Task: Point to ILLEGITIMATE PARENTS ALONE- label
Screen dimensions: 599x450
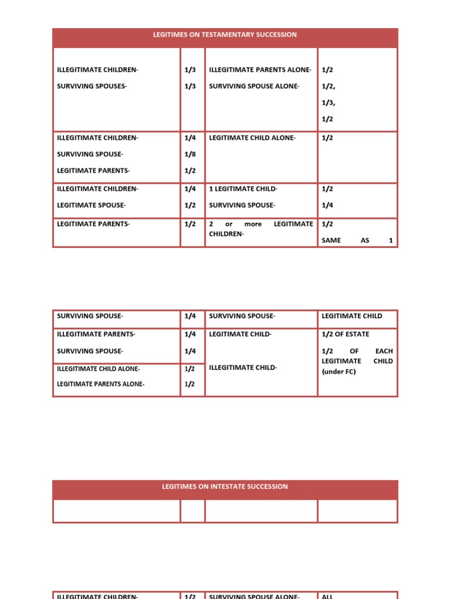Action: tap(260, 70)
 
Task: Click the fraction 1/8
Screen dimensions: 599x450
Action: tap(190, 154)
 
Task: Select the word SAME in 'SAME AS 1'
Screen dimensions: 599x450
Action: tap(331, 240)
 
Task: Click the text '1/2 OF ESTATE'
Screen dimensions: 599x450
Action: tap(345, 335)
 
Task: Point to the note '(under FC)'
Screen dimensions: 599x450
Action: tap(339, 371)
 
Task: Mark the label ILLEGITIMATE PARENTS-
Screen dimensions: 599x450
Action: tap(96, 335)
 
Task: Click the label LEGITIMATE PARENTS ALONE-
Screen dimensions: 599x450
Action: tap(100, 384)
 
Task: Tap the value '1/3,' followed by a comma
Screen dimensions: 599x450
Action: tap(328, 103)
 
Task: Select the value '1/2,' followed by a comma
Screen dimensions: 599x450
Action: tap(328, 87)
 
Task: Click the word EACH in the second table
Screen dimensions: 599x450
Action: tap(384, 352)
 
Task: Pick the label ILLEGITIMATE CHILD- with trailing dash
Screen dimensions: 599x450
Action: tap(243, 368)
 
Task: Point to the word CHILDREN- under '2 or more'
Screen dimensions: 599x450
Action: tap(226, 234)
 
